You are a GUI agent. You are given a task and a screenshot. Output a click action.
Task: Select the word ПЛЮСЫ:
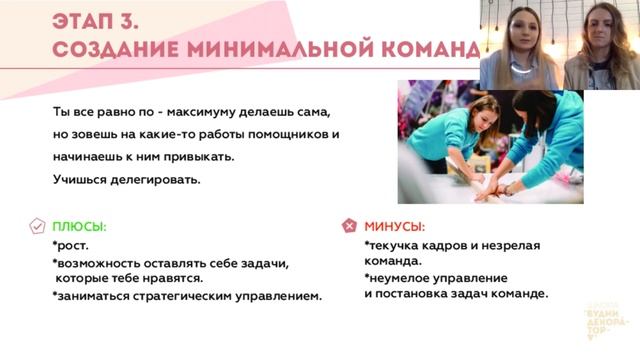(79, 227)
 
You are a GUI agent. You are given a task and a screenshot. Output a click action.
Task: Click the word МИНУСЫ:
(394, 227)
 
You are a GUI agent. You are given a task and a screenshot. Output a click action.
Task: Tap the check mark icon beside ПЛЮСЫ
(37, 226)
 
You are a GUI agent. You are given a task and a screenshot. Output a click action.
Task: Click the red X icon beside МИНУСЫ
(350, 226)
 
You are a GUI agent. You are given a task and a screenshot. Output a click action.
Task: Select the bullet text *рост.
(71, 245)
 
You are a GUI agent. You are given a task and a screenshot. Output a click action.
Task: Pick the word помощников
(290, 133)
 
